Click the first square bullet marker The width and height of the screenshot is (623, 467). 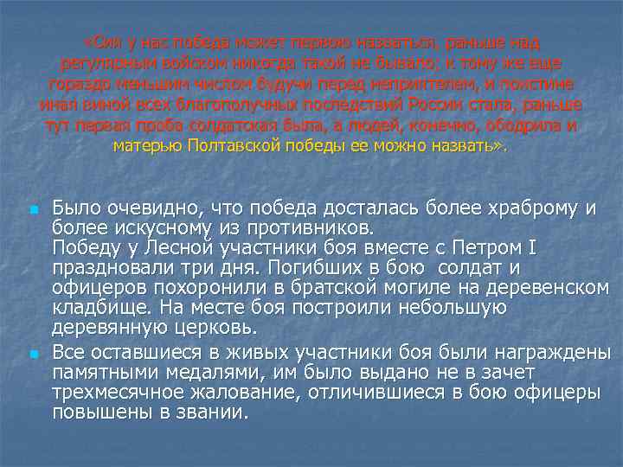32,210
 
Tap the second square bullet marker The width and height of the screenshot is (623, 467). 32,355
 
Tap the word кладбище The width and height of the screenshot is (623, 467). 94,308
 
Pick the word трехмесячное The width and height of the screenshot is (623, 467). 115,393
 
